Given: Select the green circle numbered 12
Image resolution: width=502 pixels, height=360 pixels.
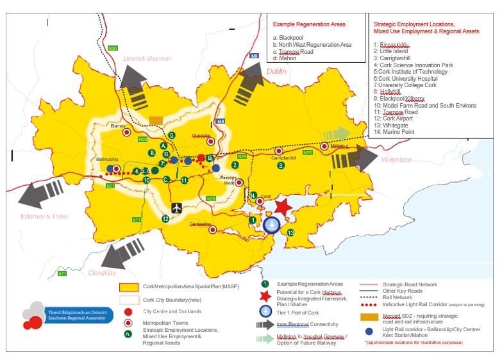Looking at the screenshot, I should point(165,219).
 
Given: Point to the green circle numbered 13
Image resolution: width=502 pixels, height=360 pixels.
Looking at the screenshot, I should point(291,233).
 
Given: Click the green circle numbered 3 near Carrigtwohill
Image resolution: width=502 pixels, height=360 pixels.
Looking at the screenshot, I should point(281,165).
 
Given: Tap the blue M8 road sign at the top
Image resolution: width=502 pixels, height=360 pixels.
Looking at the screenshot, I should point(255,56).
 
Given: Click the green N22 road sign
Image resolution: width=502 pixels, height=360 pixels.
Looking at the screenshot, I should point(110,186).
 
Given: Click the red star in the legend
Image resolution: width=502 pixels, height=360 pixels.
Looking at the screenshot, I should point(263,296).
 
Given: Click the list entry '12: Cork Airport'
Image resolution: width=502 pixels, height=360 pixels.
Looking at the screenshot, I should point(394,119).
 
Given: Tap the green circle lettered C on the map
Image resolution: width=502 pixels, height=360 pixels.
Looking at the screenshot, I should point(166,179).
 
